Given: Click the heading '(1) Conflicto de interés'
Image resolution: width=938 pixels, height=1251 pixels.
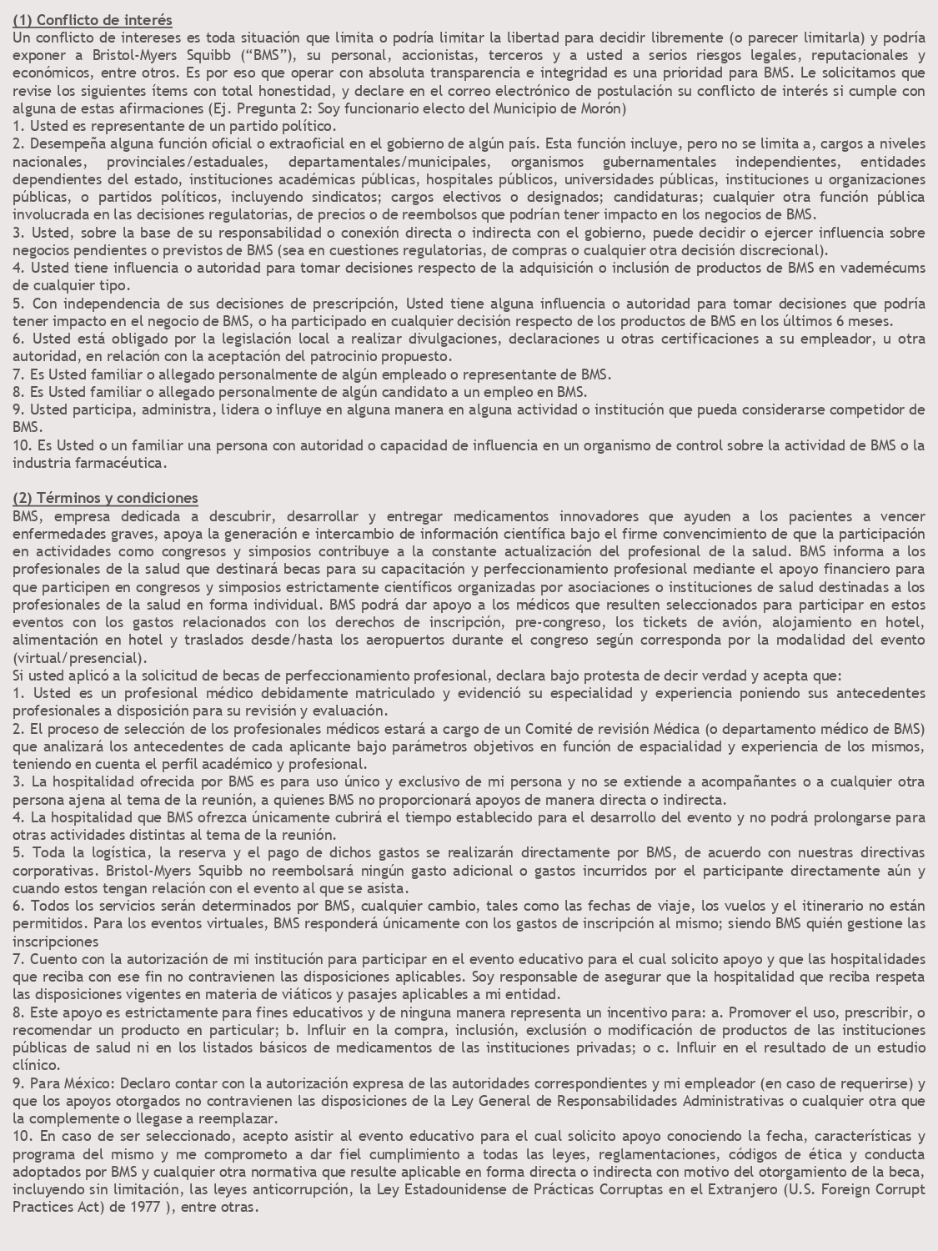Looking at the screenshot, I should [x=93, y=20].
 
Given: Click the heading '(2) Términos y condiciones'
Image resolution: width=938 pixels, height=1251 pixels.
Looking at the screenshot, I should [x=105, y=498].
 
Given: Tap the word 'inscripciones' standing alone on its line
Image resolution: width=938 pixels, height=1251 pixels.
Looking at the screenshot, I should [x=55, y=942].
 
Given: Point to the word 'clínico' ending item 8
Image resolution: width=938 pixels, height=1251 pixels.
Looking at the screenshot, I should [x=36, y=1065].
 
